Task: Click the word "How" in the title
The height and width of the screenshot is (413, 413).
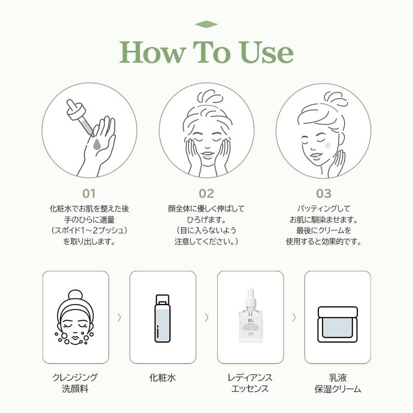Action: click(x=151, y=53)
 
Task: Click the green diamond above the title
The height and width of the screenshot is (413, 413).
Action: click(x=206, y=25)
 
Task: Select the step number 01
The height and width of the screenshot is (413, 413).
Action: click(x=89, y=194)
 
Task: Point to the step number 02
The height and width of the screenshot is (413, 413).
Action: click(x=206, y=194)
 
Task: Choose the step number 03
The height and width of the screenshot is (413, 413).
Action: click(x=324, y=194)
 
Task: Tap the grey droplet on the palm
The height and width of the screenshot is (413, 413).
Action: click(x=97, y=145)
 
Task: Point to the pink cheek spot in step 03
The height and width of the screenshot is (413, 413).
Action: click(x=328, y=145)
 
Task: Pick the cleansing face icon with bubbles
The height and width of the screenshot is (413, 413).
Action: click(x=76, y=318)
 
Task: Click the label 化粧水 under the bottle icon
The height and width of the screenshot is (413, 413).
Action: click(x=162, y=378)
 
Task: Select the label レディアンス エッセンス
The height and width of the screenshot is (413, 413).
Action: click(x=250, y=384)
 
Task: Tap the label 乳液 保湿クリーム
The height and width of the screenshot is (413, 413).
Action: click(x=338, y=384)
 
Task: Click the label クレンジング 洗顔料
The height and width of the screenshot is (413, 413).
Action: click(x=75, y=384)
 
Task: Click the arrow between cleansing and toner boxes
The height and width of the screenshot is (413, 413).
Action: click(x=119, y=317)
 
